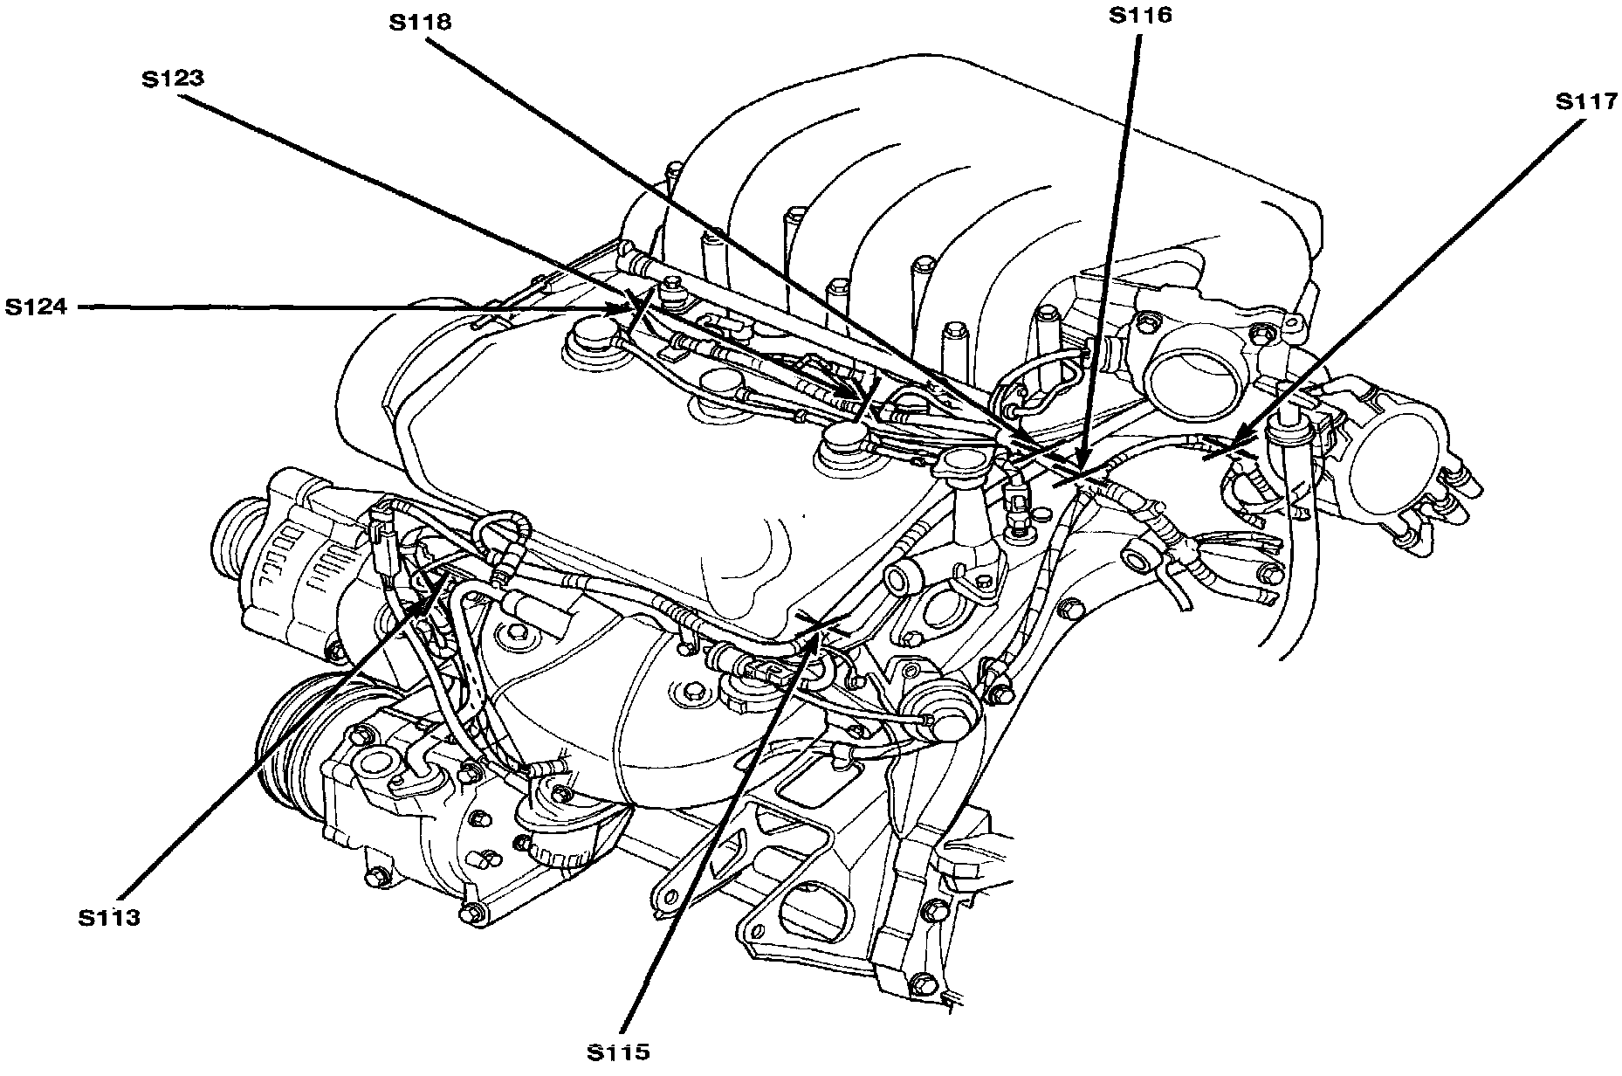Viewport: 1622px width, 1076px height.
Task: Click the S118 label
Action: (420, 22)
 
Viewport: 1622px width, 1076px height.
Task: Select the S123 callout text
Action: (173, 78)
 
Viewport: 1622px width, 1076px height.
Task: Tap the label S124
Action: (37, 307)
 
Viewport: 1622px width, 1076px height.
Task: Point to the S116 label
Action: (1140, 15)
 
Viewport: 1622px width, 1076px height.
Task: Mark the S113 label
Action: (108, 918)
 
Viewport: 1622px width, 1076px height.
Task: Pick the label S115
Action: (618, 1052)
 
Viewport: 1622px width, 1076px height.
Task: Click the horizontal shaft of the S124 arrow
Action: (349, 307)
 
